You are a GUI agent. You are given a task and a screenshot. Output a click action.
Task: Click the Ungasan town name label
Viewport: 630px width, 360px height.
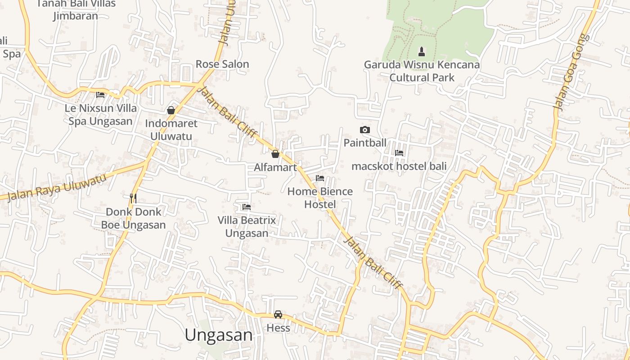[x=219, y=335]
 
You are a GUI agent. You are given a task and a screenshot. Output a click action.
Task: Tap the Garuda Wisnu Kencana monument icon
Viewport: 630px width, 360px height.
[x=422, y=51]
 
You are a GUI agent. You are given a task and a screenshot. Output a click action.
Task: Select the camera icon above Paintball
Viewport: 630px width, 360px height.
[x=365, y=130]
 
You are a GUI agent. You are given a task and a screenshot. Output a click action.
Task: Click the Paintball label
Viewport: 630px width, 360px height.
[x=365, y=143]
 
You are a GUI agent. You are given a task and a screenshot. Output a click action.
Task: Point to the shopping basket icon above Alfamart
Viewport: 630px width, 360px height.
[x=275, y=154]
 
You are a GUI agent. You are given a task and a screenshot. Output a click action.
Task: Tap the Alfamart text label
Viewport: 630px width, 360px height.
[x=275, y=167]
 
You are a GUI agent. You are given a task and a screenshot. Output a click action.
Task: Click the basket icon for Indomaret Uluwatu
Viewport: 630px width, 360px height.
[x=171, y=110]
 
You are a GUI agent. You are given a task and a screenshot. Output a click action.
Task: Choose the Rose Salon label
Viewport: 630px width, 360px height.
[x=222, y=64]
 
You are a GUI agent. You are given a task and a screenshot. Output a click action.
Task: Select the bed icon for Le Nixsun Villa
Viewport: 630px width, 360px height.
[x=100, y=95]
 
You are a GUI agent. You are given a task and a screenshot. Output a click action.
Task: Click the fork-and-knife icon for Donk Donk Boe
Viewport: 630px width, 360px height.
[x=133, y=198]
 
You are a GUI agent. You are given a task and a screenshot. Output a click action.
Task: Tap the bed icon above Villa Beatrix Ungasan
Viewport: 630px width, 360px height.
[x=247, y=207]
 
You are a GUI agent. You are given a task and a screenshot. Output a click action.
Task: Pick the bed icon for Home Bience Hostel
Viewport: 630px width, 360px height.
[x=320, y=178]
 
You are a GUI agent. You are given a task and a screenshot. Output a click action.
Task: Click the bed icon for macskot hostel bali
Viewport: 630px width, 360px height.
[x=399, y=153]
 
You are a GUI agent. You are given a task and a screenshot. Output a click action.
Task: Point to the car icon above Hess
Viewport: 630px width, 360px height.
[x=278, y=315]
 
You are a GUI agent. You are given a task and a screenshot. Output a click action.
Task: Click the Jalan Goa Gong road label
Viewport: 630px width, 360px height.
[x=571, y=72]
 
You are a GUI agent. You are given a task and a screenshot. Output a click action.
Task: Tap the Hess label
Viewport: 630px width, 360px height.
[x=278, y=328]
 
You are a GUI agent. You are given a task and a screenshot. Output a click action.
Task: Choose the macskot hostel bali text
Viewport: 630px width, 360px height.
[x=399, y=166]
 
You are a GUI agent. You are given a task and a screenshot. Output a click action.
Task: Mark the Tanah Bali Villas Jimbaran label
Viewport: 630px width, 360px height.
[x=76, y=10]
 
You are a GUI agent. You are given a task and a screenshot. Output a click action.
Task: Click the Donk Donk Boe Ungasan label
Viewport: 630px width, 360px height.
[x=133, y=218]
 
